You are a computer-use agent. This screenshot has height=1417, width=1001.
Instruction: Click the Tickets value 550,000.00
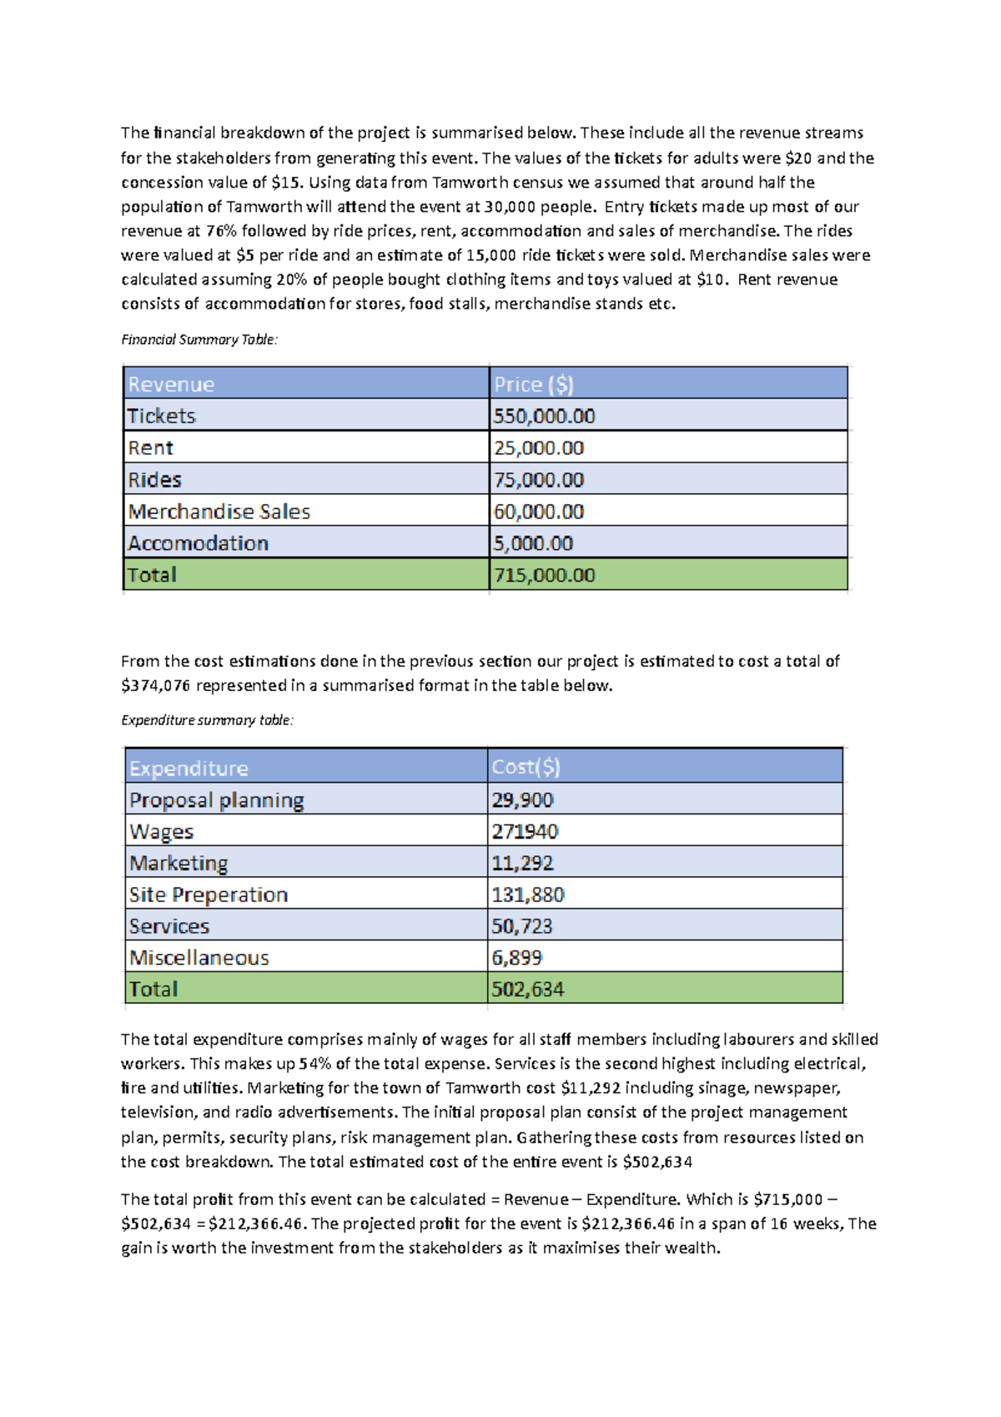[544, 416]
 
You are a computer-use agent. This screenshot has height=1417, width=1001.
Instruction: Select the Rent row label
[150, 448]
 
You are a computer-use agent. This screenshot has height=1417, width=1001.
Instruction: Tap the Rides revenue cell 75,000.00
[538, 480]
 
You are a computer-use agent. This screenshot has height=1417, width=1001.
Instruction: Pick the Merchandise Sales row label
[219, 512]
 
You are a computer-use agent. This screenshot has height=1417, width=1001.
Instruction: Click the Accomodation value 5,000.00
[533, 543]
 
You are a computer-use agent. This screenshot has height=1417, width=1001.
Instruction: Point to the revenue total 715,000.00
[544, 575]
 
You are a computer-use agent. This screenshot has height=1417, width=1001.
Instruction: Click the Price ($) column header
[533, 384]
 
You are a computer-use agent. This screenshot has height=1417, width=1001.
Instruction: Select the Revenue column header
[171, 384]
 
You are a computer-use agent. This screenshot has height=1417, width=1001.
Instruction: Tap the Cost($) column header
[526, 767]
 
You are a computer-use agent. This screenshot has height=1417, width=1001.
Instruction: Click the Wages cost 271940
[525, 831]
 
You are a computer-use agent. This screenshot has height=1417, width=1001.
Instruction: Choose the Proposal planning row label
[216, 799]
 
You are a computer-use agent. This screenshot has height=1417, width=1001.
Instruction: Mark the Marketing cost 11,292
[522, 863]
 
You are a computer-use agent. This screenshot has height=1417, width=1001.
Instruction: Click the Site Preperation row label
[208, 895]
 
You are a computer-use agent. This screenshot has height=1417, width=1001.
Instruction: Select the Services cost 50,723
[521, 926]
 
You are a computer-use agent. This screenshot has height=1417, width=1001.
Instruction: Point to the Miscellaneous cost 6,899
[516, 958]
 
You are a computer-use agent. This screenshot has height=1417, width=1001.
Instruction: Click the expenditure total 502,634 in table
[527, 990]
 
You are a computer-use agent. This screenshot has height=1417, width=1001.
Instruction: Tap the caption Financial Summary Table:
[199, 340]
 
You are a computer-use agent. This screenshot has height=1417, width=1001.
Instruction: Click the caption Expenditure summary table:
[207, 720]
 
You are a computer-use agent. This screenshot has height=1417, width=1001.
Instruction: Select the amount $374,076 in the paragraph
[156, 686]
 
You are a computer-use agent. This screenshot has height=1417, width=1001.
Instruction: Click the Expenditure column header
[189, 768]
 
